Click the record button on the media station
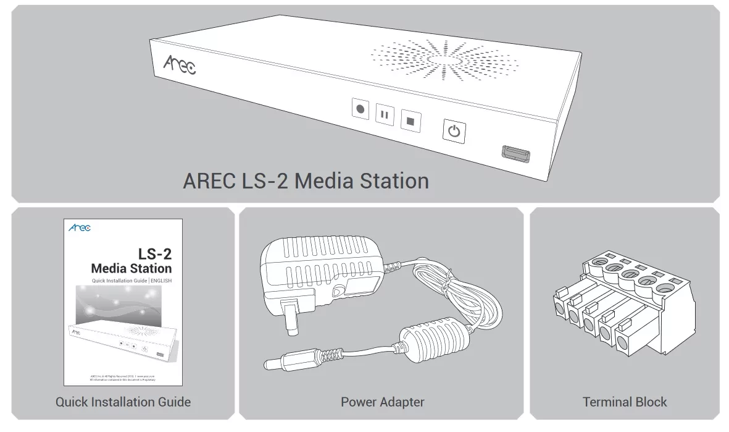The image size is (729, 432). [360, 110]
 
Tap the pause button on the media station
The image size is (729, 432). [385, 114]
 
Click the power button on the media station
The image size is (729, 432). [454, 131]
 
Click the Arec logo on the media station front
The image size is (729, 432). [179, 64]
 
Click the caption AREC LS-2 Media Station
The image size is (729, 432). [306, 181]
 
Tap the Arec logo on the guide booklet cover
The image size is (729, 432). [80, 229]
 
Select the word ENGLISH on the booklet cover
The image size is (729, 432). [159, 281]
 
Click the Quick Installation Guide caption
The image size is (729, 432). [123, 402]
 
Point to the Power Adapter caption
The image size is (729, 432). [382, 402]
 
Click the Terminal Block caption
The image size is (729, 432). [625, 402]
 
